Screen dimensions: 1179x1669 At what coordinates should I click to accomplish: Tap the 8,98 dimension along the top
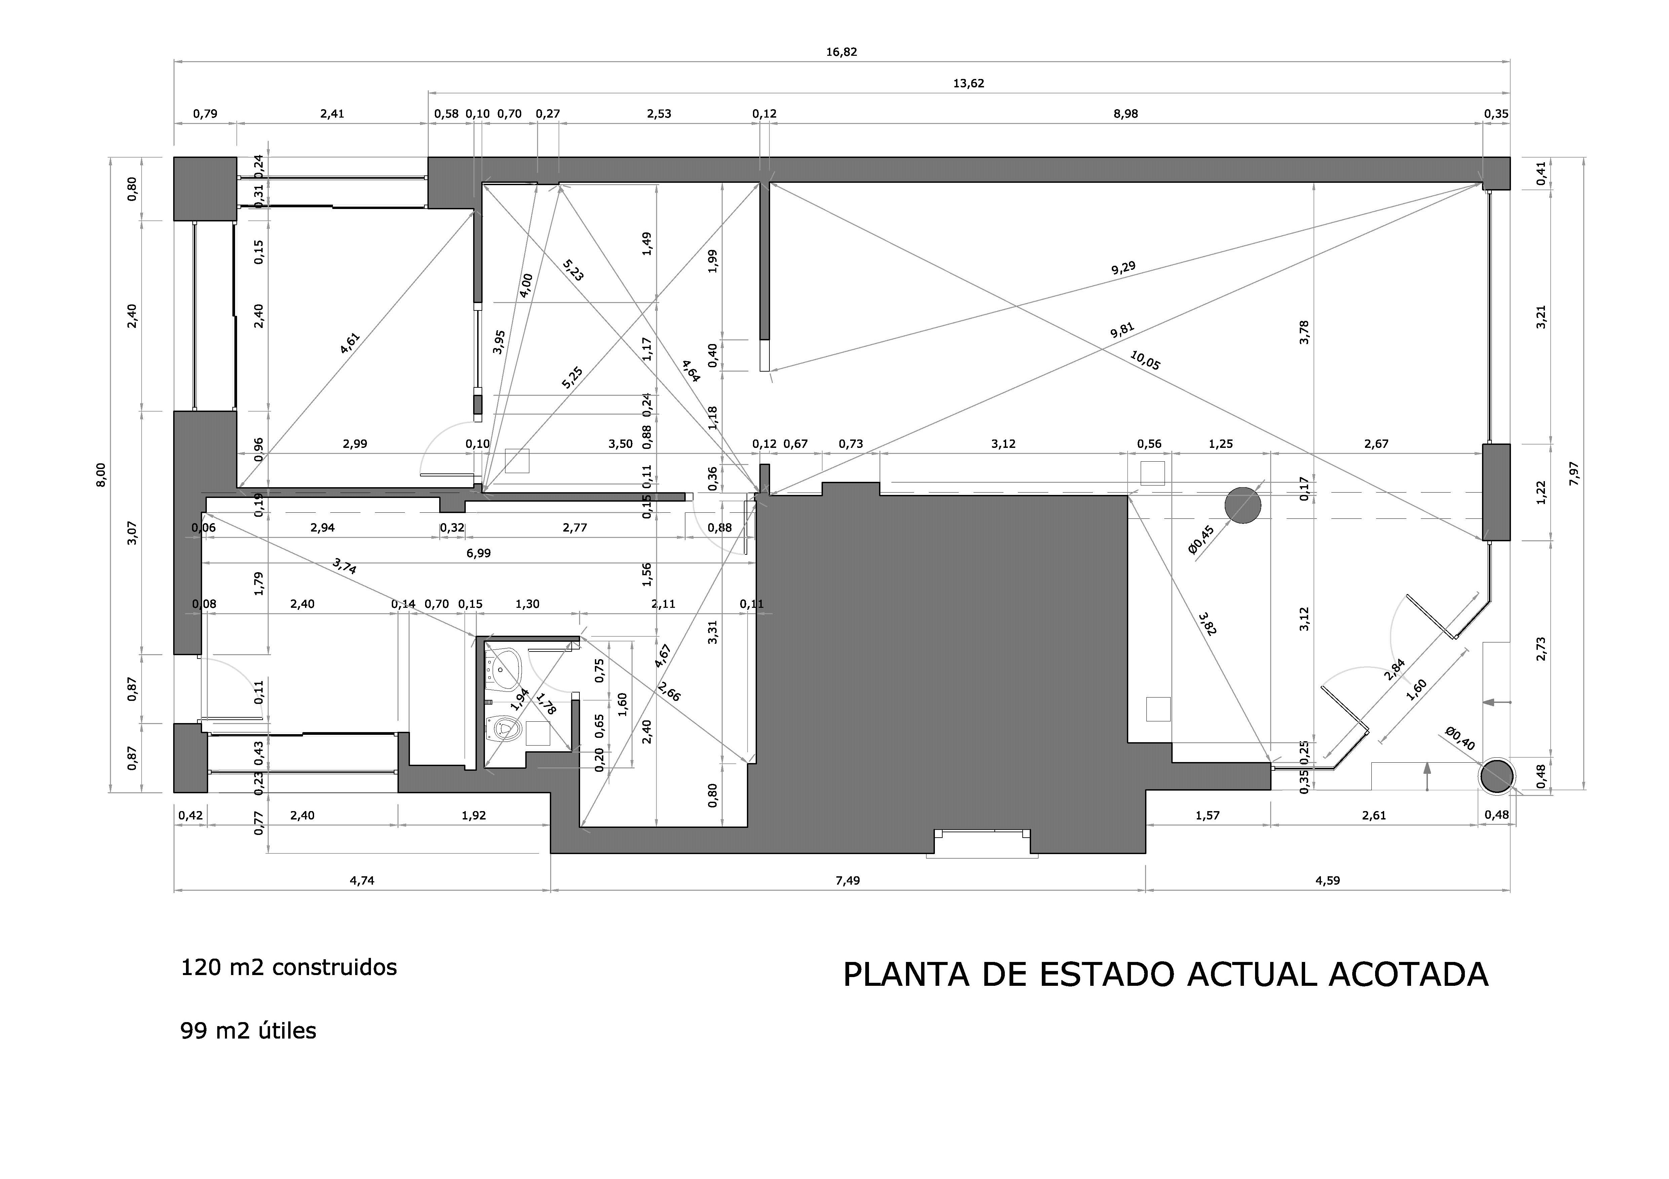click(x=1125, y=114)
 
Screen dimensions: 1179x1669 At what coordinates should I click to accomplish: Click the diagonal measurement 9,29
click(x=1123, y=268)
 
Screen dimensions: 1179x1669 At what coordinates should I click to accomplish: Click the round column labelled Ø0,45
click(x=1242, y=506)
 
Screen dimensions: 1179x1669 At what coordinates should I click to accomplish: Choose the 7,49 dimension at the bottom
click(x=847, y=880)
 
